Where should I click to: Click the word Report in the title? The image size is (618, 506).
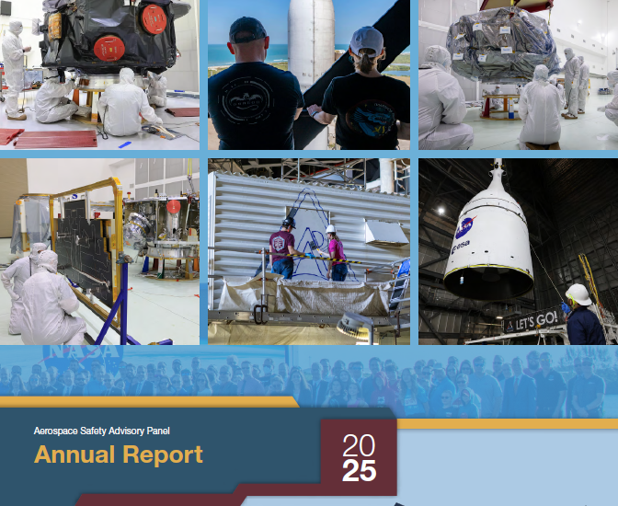pos(160,454)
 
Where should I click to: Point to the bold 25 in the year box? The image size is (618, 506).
pos(359,472)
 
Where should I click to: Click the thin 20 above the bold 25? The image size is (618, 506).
pos(359,446)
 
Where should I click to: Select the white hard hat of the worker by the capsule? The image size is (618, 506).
pos(578,294)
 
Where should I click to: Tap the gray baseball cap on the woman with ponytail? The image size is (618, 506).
pos(365,39)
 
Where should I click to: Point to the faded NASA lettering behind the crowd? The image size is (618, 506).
pos(88,353)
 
